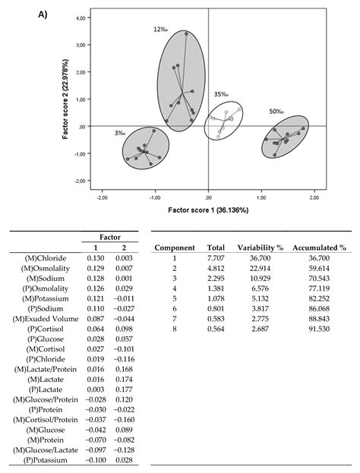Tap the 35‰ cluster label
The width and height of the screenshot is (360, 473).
221,94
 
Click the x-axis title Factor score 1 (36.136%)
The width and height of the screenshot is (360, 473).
208,209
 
